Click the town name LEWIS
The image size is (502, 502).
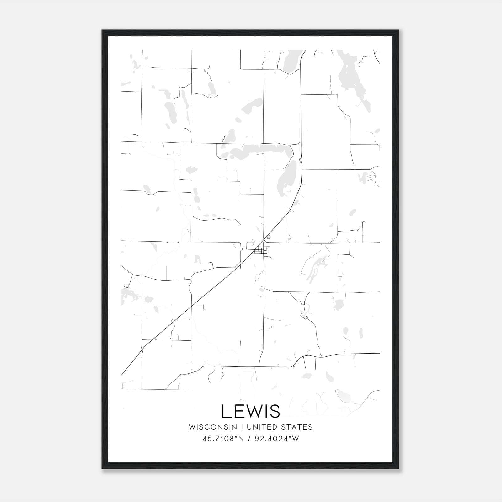point(251,411)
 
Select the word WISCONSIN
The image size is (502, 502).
point(213,427)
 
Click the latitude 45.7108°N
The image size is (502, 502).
point(223,439)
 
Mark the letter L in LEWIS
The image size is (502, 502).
point(226,411)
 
